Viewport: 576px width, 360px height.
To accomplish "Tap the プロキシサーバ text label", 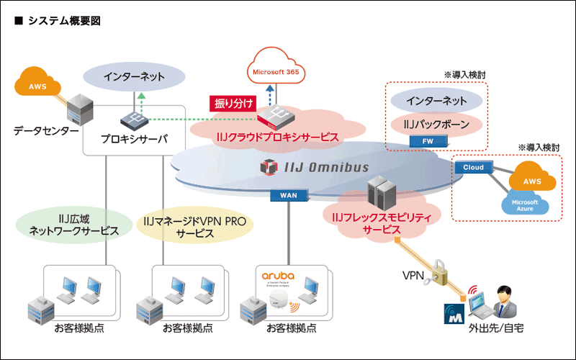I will pyautogui.click(x=135, y=138).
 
